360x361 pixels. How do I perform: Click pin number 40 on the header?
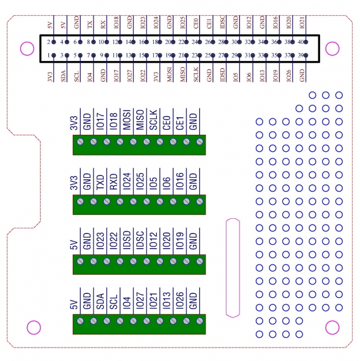[305, 42]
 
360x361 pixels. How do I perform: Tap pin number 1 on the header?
[54, 55]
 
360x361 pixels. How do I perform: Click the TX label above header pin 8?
[90, 25]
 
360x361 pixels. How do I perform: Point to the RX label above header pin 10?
[103, 25]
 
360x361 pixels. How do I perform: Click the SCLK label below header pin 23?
[196, 76]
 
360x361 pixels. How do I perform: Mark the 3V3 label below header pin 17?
[157, 74]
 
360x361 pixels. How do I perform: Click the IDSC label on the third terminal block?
[140, 239]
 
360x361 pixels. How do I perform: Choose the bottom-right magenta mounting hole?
[333, 328]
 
